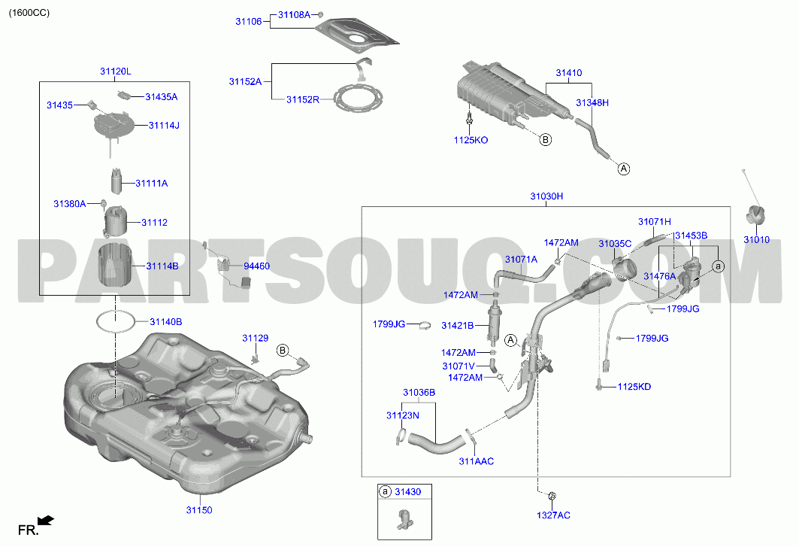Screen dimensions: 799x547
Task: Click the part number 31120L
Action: pyautogui.click(x=115, y=71)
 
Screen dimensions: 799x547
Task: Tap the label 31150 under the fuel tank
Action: pyautogui.click(x=198, y=509)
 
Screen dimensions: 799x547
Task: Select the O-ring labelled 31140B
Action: pyautogui.click(x=117, y=322)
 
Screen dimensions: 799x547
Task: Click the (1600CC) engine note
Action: pyautogui.click(x=29, y=13)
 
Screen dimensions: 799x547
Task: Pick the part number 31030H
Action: pyautogui.click(x=546, y=196)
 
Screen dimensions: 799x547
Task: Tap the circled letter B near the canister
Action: pyautogui.click(x=545, y=139)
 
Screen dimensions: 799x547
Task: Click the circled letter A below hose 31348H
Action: pyautogui.click(x=624, y=169)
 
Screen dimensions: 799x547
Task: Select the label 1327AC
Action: pyautogui.click(x=553, y=515)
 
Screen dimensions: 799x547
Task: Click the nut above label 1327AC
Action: pyautogui.click(x=552, y=496)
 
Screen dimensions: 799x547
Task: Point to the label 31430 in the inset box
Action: pyautogui.click(x=408, y=492)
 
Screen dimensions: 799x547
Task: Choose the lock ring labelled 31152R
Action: pyautogui.click(x=357, y=98)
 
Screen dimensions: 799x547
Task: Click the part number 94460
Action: pyautogui.click(x=257, y=266)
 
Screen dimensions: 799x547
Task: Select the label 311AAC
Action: pyautogui.click(x=477, y=461)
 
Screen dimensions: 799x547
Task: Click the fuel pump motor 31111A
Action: pyautogui.click(x=117, y=181)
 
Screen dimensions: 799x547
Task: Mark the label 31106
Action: pyautogui.click(x=249, y=21)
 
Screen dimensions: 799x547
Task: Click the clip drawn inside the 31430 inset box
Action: pyautogui.click(x=405, y=519)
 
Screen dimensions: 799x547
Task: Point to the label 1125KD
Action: pyautogui.click(x=634, y=387)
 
